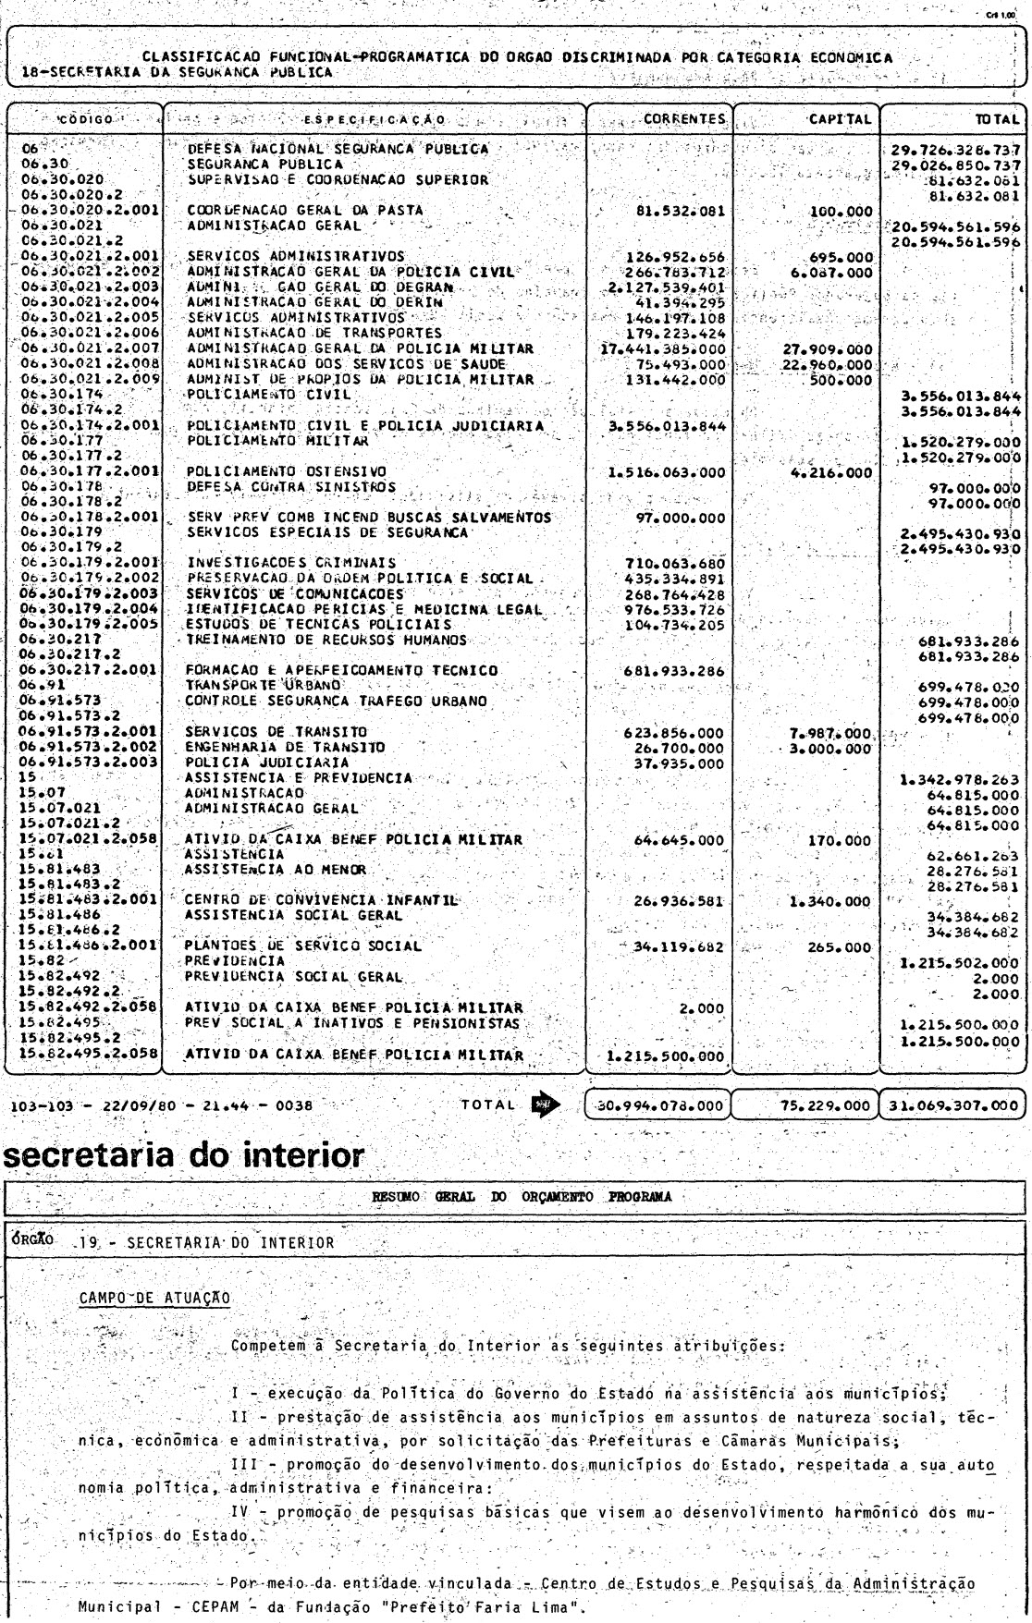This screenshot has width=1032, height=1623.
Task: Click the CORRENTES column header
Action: coord(683,119)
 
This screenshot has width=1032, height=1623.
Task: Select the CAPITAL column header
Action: coord(839,119)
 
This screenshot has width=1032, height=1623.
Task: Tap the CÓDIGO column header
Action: coord(86,120)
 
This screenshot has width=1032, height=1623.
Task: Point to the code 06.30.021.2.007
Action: coord(88,348)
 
